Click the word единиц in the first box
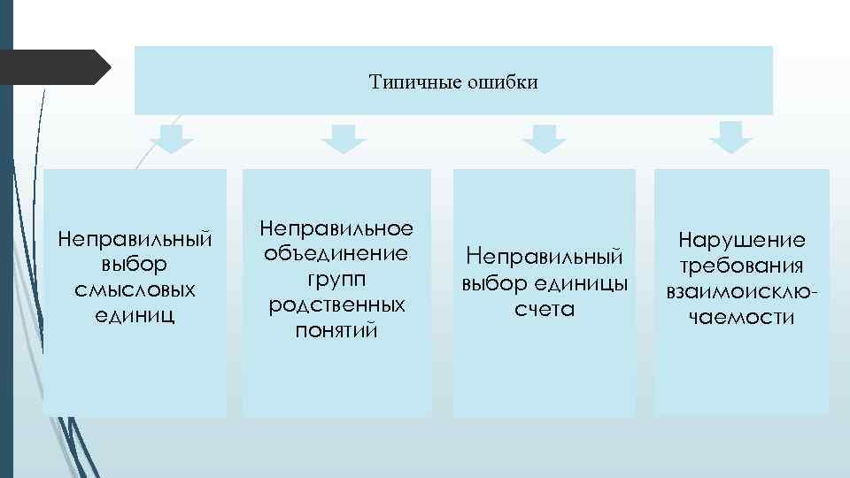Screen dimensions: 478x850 (135, 313)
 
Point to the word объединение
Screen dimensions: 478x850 (336, 254)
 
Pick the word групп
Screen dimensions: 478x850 (336, 279)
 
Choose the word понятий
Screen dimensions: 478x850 (336, 330)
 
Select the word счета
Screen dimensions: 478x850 (545, 310)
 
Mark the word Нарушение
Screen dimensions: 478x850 (742, 240)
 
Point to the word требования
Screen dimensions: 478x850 (742, 266)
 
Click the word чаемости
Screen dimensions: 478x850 (742, 317)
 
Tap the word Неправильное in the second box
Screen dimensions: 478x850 (336, 228)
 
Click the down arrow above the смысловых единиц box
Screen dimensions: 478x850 (172, 139)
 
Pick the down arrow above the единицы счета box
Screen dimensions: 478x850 (545, 139)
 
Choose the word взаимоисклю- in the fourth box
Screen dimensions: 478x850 (742, 291)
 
